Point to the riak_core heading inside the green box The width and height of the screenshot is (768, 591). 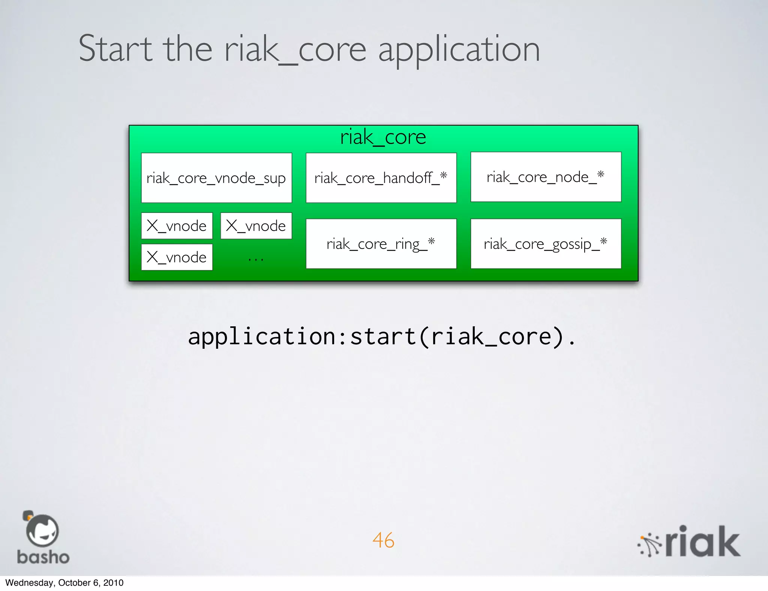(383, 137)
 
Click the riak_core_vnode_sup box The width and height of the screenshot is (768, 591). (216, 178)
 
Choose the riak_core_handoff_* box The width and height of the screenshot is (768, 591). (381, 178)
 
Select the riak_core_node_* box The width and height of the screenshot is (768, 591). (546, 177)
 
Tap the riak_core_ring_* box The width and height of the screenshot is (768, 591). (381, 244)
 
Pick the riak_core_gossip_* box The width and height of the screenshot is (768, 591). (546, 244)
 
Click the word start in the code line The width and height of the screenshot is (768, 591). (383, 336)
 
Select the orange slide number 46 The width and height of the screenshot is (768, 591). (383, 540)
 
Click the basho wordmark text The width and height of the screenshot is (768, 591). (43, 557)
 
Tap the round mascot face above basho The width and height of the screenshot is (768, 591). (42, 531)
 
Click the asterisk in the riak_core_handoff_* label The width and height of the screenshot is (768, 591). (444, 175)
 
